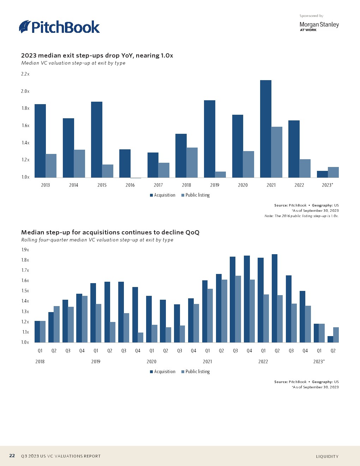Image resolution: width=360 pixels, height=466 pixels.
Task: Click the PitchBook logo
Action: (59, 27)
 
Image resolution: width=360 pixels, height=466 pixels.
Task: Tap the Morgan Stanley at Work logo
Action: (319, 26)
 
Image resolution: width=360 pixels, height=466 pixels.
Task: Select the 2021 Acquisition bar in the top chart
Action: (266, 129)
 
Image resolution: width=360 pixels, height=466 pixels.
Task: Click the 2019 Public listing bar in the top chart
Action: (220, 174)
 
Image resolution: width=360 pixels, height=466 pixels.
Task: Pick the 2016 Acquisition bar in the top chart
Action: (125, 163)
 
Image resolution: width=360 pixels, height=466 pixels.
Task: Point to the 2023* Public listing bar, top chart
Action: (333, 172)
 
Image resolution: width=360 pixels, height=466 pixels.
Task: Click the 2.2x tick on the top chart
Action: (25, 74)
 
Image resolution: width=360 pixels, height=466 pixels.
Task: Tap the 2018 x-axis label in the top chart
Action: (186, 185)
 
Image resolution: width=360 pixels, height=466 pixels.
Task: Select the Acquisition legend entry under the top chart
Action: (162, 195)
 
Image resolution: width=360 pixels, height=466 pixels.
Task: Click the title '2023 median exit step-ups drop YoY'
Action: (97, 55)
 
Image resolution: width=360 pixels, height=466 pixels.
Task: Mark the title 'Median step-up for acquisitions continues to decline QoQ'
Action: (110, 232)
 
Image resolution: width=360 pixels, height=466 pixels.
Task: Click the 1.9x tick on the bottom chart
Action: (25, 250)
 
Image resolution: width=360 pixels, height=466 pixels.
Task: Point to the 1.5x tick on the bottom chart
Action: (25, 291)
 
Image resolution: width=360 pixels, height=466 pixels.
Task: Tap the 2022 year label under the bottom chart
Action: (263, 362)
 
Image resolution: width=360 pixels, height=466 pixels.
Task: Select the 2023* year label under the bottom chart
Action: (319, 362)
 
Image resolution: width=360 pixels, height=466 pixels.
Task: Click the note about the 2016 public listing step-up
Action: (301, 216)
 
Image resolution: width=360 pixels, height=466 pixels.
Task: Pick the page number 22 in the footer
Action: (12, 456)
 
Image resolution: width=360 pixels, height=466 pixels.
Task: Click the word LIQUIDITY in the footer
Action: (327, 456)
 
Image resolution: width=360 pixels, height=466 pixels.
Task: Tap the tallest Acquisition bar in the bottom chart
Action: (275, 298)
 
